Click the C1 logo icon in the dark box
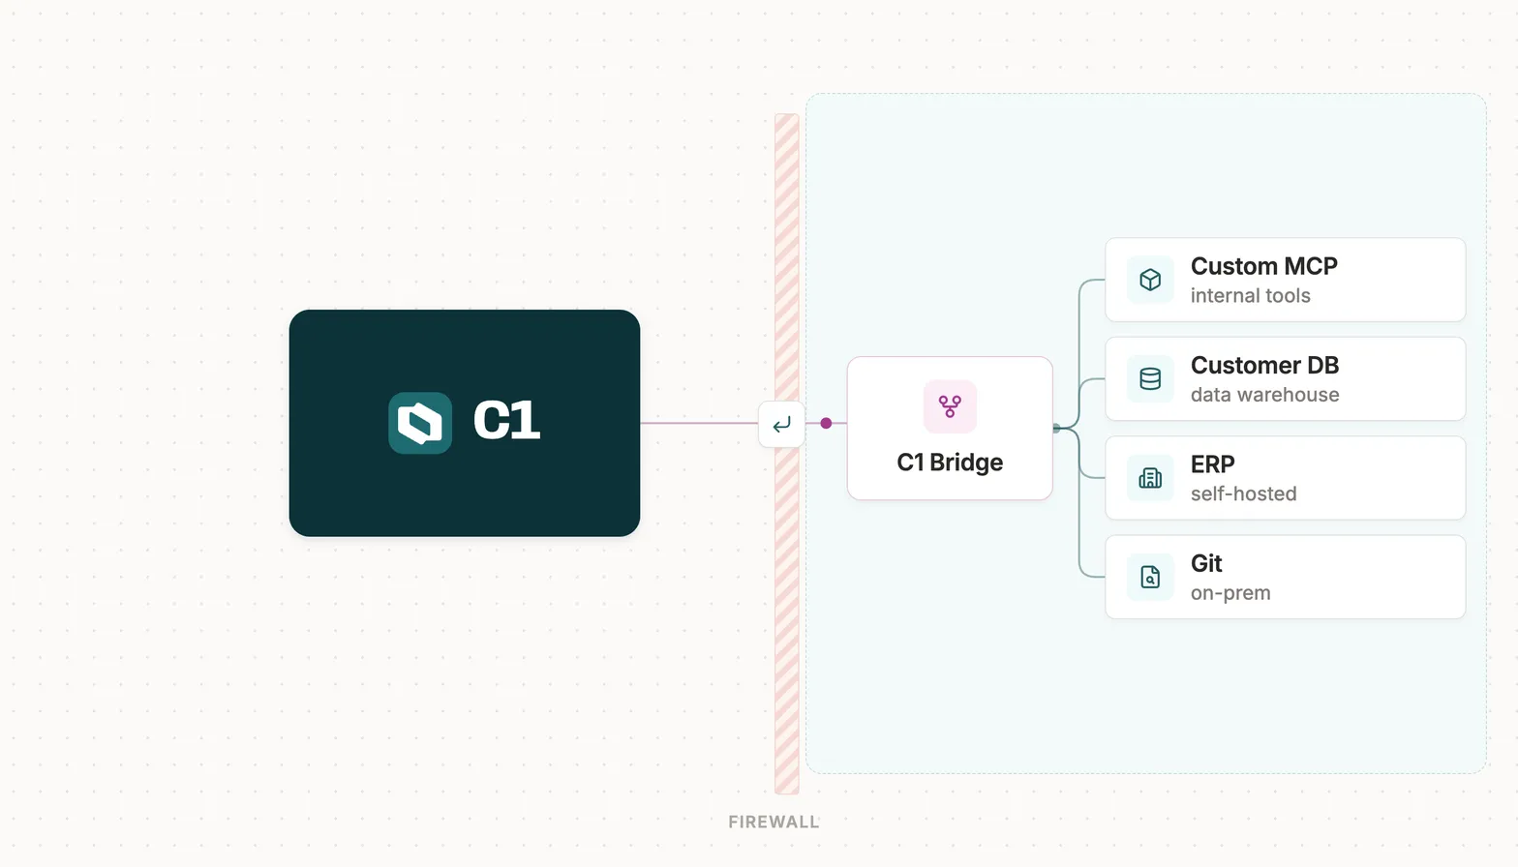pyautogui.click(x=420, y=423)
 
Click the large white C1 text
pyautogui.click(x=507, y=421)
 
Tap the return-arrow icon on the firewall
pyautogui.click(x=781, y=424)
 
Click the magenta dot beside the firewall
pyautogui.click(x=826, y=424)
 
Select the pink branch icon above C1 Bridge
pyautogui.click(x=950, y=406)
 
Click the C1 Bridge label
pyautogui.click(x=950, y=463)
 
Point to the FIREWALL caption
pyautogui.click(x=774, y=822)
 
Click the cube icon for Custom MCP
pyautogui.click(x=1150, y=280)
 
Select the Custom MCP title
pyautogui.click(x=1264, y=266)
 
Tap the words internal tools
pyautogui.click(x=1251, y=296)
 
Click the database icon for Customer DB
pyautogui.click(x=1150, y=378)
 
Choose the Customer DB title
pyautogui.click(x=1264, y=365)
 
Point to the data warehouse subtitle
pyautogui.click(x=1264, y=395)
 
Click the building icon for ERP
pyautogui.click(x=1150, y=478)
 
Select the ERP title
pyautogui.click(x=1212, y=464)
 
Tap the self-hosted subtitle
pyautogui.click(x=1243, y=493)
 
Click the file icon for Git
pyautogui.click(x=1150, y=577)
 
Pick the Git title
pyautogui.click(x=1206, y=563)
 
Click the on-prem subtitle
pyautogui.click(x=1230, y=593)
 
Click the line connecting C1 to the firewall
pyautogui.click(x=699, y=424)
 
